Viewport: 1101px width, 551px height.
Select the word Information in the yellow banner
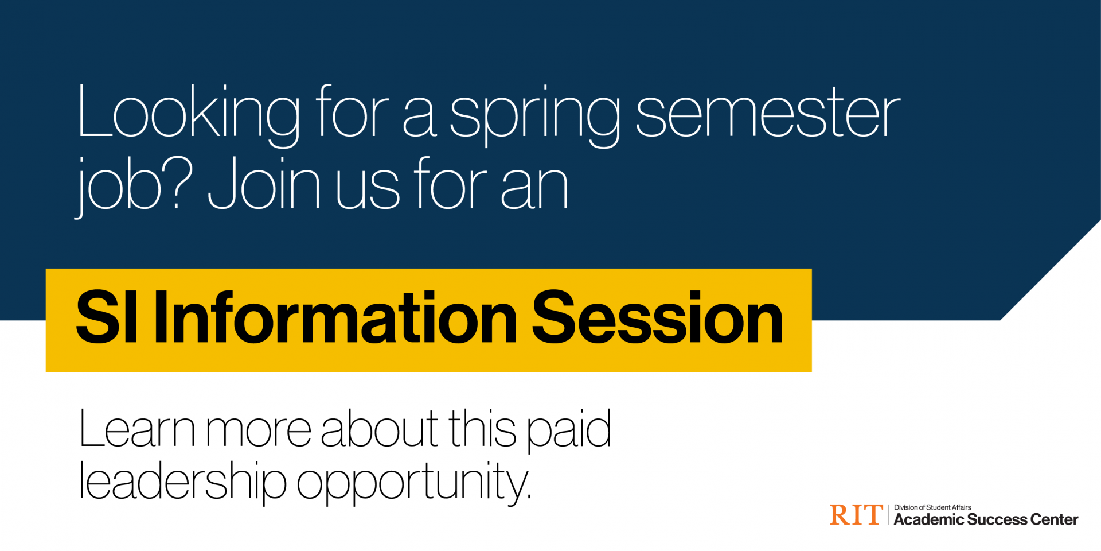click(x=335, y=318)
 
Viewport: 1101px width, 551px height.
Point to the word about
click(x=380, y=429)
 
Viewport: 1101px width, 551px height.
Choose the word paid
click(x=569, y=430)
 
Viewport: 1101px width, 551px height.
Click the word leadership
click(x=182, y=481)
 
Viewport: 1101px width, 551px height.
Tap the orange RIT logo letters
click(x=856, y=515)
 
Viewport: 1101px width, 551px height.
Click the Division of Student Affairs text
click(x=932, y=507)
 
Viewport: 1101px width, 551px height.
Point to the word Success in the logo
click(x=997, y=520)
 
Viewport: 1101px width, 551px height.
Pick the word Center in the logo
click(x=1054, y=520)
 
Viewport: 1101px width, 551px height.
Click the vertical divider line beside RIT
click(x=889, y=515)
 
